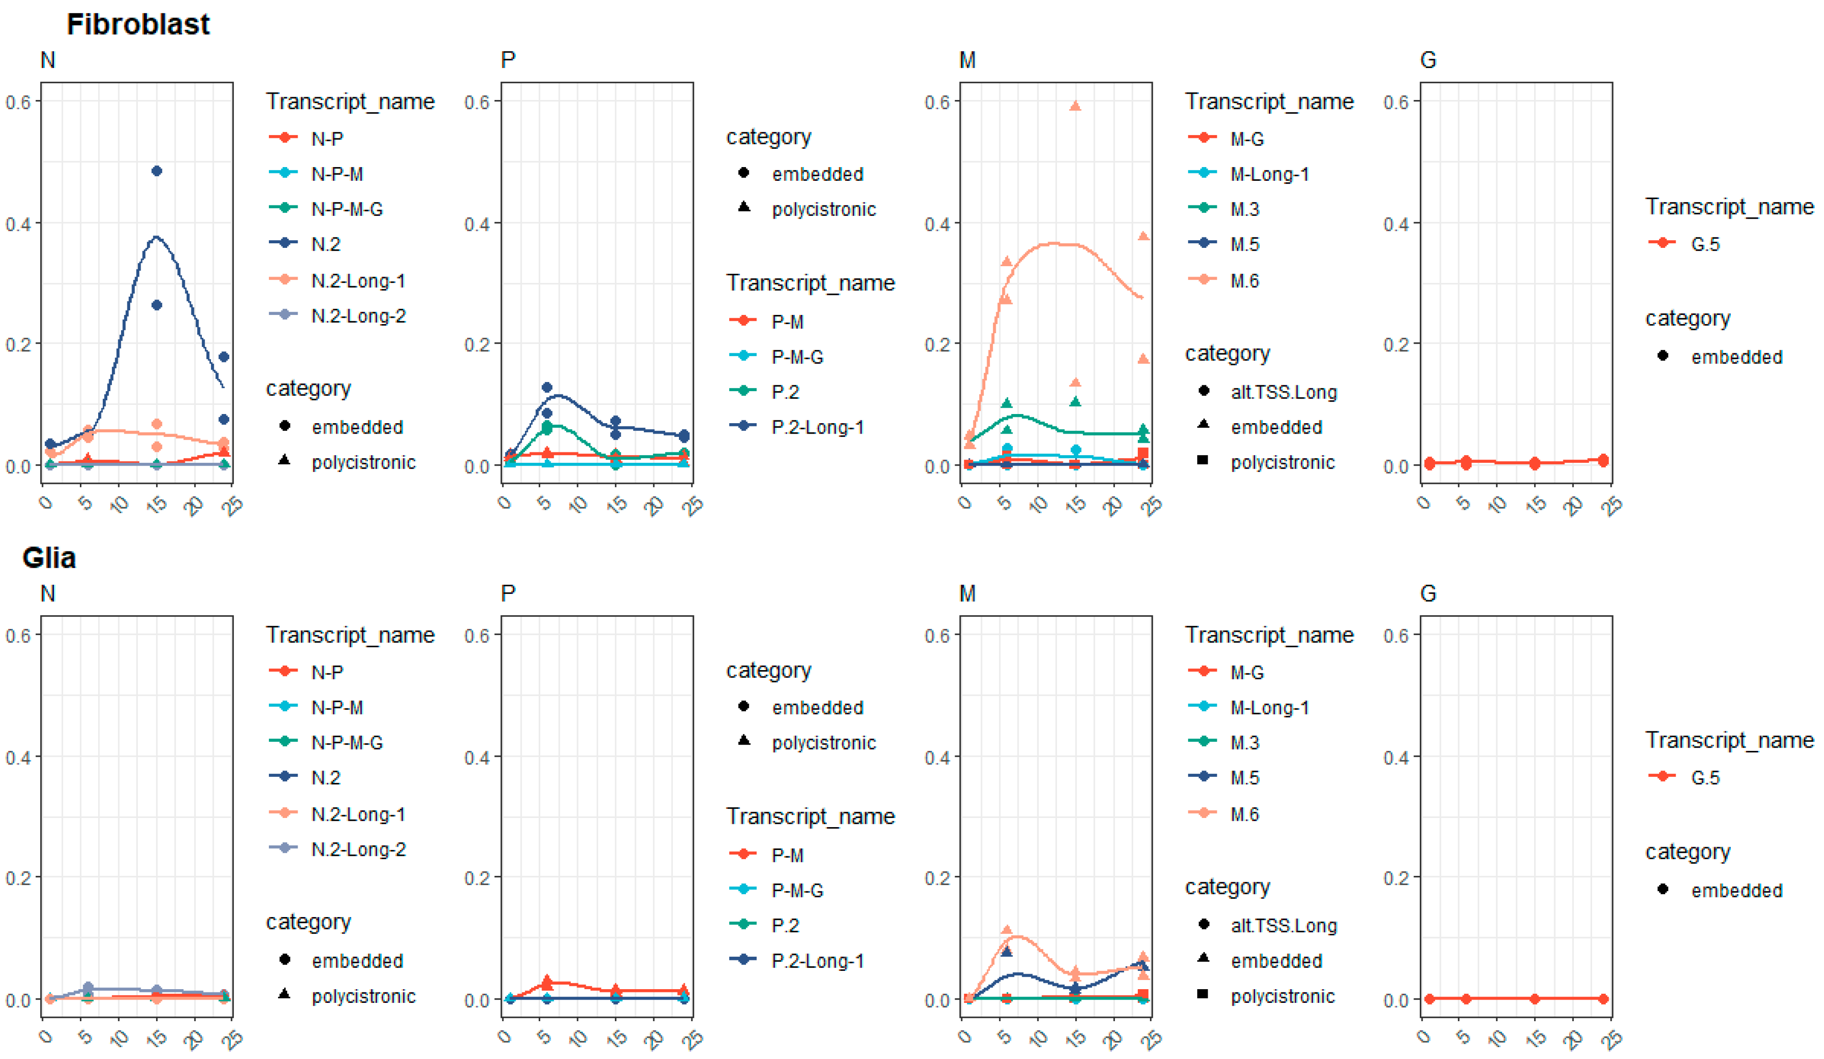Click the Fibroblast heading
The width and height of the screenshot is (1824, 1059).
[137, 25]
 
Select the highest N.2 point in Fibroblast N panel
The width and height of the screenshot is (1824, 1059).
[156, 171]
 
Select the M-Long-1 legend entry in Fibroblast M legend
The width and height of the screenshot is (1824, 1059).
[1269, 174]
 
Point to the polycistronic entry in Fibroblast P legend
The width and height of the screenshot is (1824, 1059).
[823, 210]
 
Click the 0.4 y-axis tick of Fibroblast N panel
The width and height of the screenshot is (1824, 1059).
[18, 224]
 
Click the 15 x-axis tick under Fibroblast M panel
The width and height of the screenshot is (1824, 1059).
[1076, 504]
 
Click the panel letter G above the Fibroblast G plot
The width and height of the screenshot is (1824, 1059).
[1427, 60]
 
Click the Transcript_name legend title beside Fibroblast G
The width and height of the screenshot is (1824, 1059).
[1729, 207]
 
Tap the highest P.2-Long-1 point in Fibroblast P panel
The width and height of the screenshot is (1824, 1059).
[547, 387]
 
